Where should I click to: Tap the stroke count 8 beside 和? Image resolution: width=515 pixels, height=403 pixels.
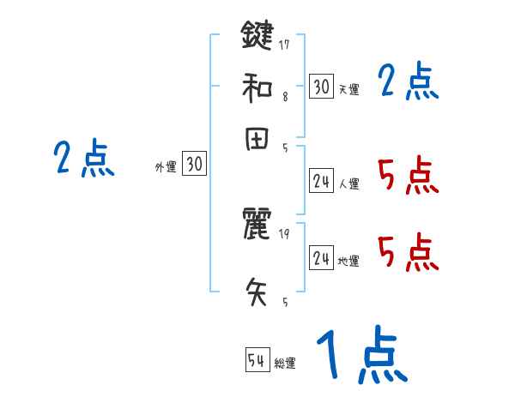[284, 97]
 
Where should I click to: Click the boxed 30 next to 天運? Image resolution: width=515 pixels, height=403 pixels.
[321, 86]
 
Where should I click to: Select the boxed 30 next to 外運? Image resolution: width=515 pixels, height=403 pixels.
[195, 164]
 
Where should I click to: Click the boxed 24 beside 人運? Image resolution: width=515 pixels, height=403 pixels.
[321, 180]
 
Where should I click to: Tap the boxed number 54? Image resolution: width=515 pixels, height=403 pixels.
[257, 361]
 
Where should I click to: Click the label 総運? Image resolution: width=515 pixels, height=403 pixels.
[285, 363]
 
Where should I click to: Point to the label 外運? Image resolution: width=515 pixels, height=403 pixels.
[165, 167]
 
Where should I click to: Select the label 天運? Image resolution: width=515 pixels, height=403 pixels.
[348, 88]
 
